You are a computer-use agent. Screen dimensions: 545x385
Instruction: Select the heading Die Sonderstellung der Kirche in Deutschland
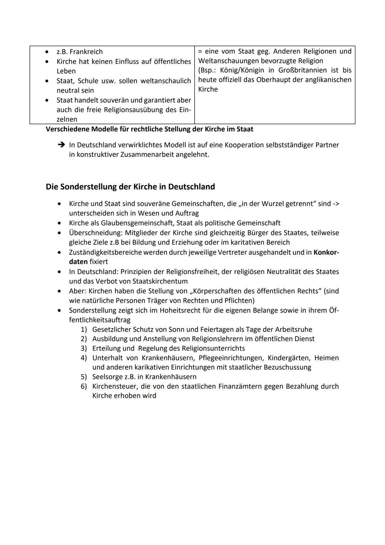coord(130,187)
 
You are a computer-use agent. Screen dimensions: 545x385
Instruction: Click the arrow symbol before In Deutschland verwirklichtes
coord(61,145)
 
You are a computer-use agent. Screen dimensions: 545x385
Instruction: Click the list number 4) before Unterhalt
coord(84,358)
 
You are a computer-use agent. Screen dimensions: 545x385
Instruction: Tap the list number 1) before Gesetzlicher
coord(84,329)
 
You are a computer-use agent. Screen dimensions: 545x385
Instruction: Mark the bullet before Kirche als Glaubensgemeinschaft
coord(59,223)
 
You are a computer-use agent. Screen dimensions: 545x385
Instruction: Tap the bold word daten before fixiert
coord(78,262)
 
